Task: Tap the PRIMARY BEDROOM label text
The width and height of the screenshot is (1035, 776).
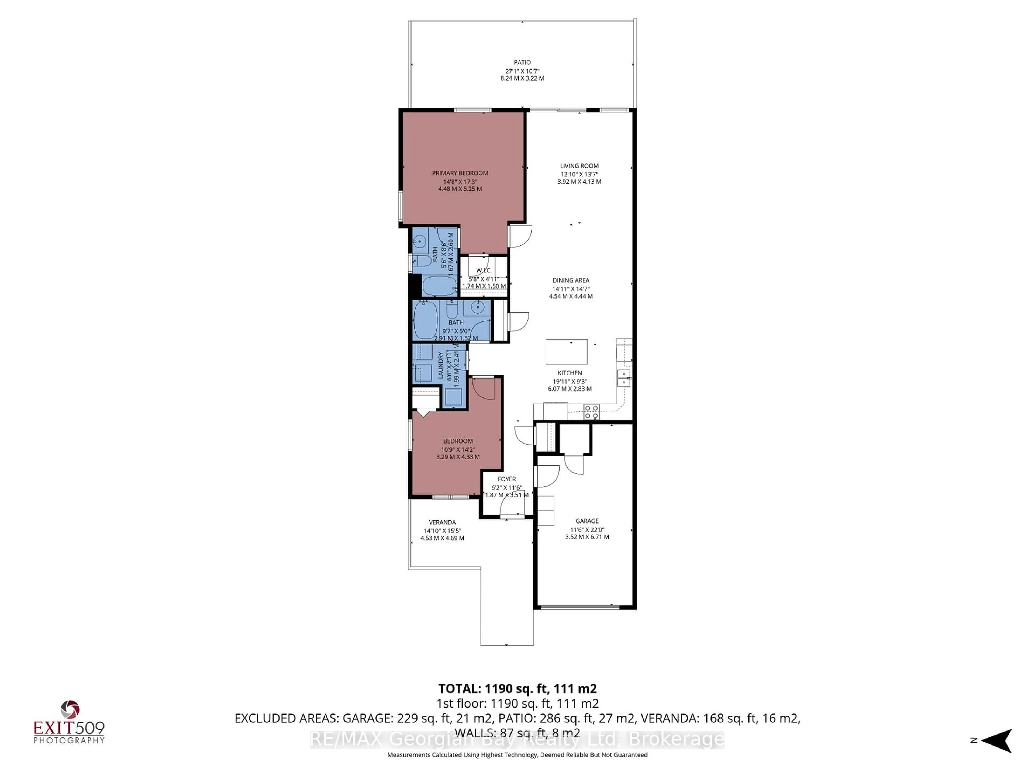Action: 460,173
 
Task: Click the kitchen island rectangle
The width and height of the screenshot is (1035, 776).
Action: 566,352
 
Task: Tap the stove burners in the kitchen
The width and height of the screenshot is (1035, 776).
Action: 591,412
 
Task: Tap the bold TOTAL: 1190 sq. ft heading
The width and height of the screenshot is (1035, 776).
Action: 517,688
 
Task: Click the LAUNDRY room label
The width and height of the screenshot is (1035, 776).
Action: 440,366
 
